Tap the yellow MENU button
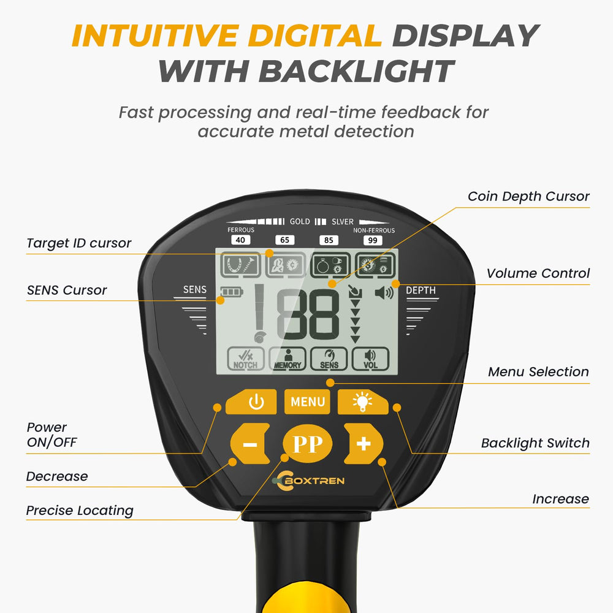click(x=307, y=402)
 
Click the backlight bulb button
click(x=363, y=402)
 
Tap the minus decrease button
click(x=250, y=444)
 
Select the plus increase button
click(x=363, y=444)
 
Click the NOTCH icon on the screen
click(x=246, y=359)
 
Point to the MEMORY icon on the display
click(x=287, y=359)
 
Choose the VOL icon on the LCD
click(x=370, y=359)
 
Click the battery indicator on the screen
click(x=232, y=292)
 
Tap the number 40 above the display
click(x=240, y=240)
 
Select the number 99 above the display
click(x=373, y=240)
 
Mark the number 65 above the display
click(x=284, y=240)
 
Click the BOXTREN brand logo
click(x=309, y=481)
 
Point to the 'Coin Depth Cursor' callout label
click(x=528, y=196)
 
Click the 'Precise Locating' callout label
click(x=80, y=510)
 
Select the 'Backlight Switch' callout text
click(x=535, y=443)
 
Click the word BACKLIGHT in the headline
click(x=357, y=71)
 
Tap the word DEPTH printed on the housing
click(x=421, y=290)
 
